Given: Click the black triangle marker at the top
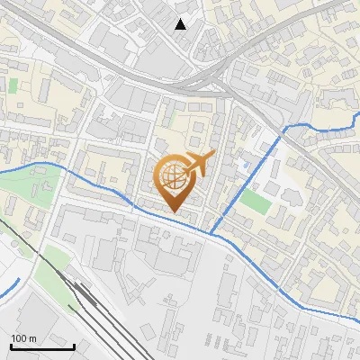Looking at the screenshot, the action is click(x=181, y=24).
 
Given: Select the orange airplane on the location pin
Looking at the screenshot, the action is click(x=198, y=164).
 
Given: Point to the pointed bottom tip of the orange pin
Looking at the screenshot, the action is click(x=174, y=212).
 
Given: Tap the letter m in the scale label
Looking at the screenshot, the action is click(x=32, y=338).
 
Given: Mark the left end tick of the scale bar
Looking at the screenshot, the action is click(x=11, y=346).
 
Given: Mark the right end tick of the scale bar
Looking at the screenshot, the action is click(x=74, y=346).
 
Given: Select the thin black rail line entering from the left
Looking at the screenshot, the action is click(x=18, y=234).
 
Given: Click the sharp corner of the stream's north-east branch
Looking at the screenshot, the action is click(x=286, y=130).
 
